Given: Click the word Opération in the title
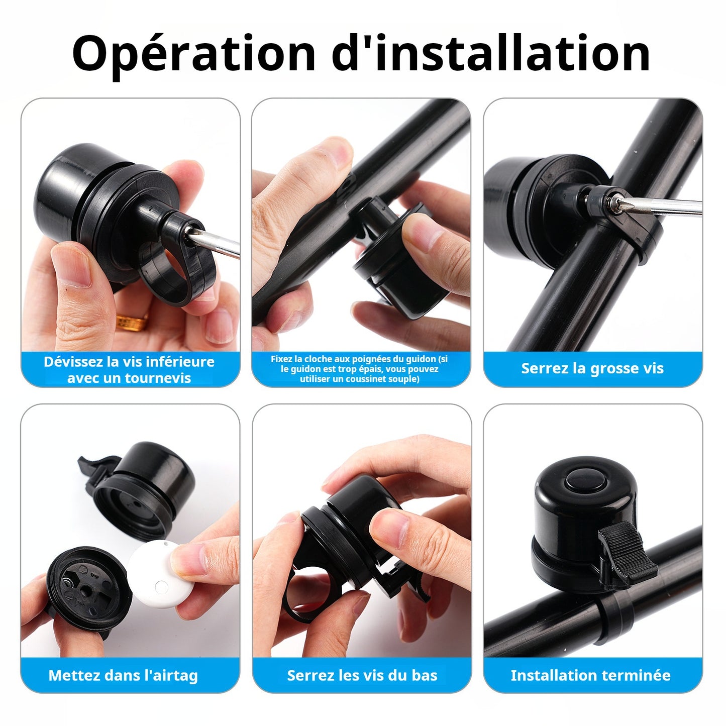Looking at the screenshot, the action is pyautogui.click(x=193, y=54).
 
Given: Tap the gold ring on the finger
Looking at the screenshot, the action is pyautogui.click(x=132, y=323).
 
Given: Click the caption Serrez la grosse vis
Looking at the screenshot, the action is pyautogui.click(x=592, y=368).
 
